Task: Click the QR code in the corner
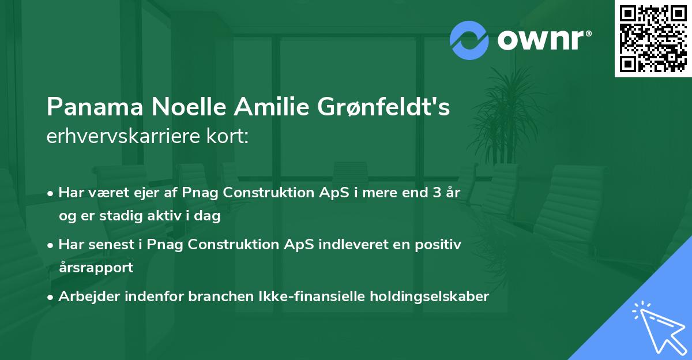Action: [x=653, y=38]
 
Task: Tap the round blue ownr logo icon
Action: [x=468, y=40]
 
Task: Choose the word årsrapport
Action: [x=96, y=267]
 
